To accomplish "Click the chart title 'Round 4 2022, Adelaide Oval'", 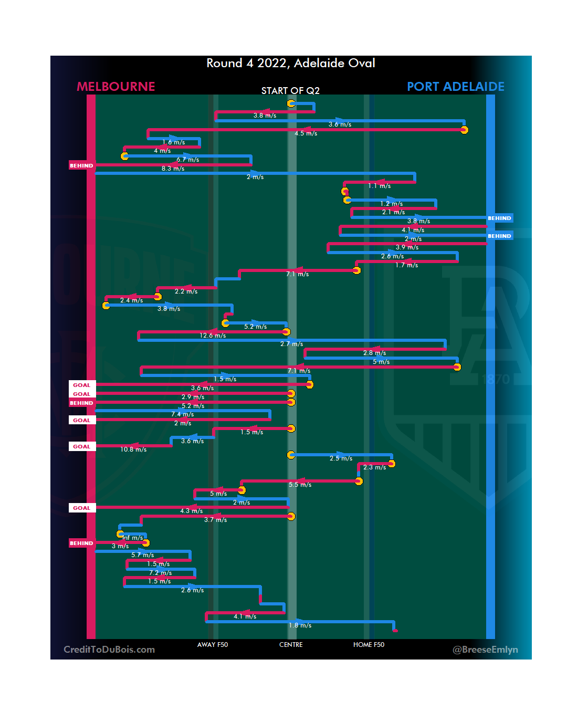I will [x=290, y=64].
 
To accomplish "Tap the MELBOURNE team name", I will [x=116, y=87].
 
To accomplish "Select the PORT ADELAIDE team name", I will [x=455, y=87].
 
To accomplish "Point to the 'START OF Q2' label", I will [x=290, y=91].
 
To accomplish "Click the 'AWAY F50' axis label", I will [x=213, y=645].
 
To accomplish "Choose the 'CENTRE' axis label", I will [x=291, y=645].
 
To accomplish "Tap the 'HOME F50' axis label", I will [x=369, y=645].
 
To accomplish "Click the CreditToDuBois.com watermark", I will [x=109, y=650].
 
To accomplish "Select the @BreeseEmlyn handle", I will [x=485, y=650].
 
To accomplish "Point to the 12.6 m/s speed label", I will [x=213, y=336].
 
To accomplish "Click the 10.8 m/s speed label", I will [x=133, y=449].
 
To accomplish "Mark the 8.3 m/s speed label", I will [x=173, y=169].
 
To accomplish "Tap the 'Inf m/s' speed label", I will [x=133, y=538].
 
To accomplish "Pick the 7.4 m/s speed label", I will [x=182, y=414].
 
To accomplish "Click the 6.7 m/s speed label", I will [x=187, y=160].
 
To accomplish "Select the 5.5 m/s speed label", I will [x=300, y=485].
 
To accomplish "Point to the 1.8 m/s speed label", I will [x=300, y=625].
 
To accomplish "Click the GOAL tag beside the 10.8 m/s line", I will [x=82, y=447].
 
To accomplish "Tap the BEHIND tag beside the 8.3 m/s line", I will [x=81, y=166].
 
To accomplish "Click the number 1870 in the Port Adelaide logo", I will [x=496, y=379].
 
